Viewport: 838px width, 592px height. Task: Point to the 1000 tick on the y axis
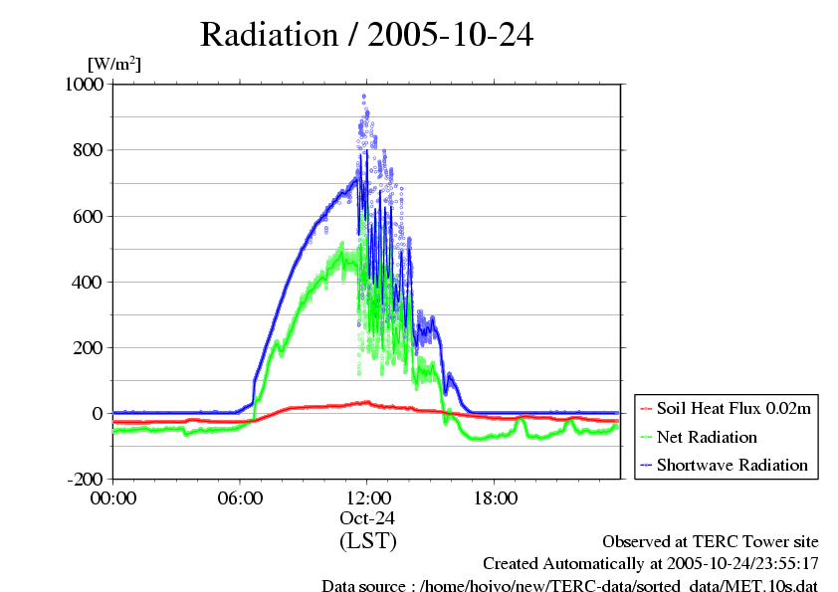click(85, 85)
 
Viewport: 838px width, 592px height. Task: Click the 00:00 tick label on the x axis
click(113, 497)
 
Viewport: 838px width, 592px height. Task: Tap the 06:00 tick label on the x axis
click(240, 497)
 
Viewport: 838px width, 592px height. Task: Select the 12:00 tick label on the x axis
click(367, 497)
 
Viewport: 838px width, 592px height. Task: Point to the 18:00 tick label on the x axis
click(494, 497)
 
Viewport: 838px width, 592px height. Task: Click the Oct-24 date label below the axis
click(367, 518)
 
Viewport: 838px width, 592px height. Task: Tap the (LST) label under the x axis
click(367, 541)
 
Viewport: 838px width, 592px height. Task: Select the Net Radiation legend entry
click(707, 437)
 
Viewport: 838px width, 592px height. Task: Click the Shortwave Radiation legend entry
click(732, 465)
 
